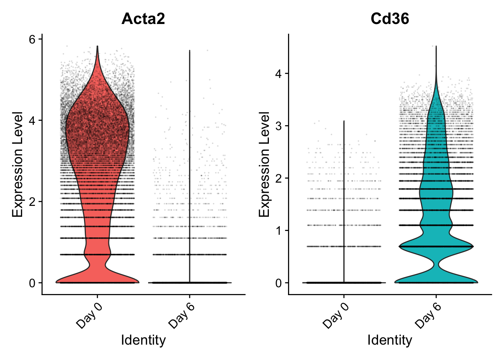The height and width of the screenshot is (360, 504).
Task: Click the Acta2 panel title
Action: coord(143,19)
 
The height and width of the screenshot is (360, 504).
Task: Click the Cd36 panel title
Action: coord(390,19)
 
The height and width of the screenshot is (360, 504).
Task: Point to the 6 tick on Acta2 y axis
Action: coord(33,39)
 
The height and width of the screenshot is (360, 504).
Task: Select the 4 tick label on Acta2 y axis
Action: coord(33,120)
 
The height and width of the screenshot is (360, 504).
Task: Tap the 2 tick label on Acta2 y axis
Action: coord(33,202)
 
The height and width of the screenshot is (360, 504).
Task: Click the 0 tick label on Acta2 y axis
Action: coord(33,283)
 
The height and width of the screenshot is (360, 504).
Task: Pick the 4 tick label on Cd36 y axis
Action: coord(279,73)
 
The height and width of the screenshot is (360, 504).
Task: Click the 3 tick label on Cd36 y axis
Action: coord(279,126)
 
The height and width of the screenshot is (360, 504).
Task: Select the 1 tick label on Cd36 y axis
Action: coord(279,230)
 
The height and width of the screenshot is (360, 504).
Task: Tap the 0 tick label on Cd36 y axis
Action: coord(279,283)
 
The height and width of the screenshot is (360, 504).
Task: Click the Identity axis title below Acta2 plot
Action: coord(143,340)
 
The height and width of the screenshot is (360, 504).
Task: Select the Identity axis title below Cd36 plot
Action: coord(390,340)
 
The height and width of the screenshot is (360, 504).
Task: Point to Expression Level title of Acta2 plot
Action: coord(18,164)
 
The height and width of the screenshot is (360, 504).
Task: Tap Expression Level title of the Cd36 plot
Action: coord(264,164)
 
